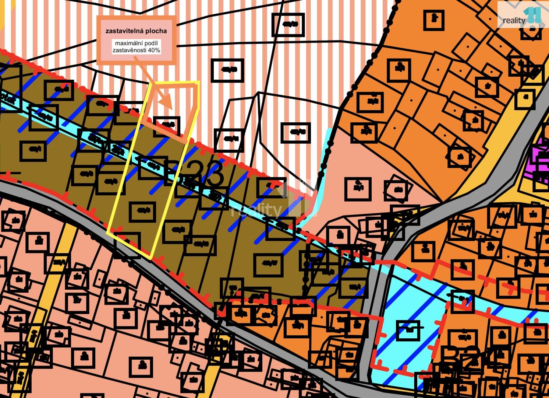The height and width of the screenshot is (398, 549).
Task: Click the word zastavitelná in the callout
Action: click(121, 31)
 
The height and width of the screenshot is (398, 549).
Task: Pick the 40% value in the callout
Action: click(154, 50)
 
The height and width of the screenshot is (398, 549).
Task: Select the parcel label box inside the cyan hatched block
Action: click(408, 330)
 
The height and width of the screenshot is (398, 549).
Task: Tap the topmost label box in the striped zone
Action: click(288, 24)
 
